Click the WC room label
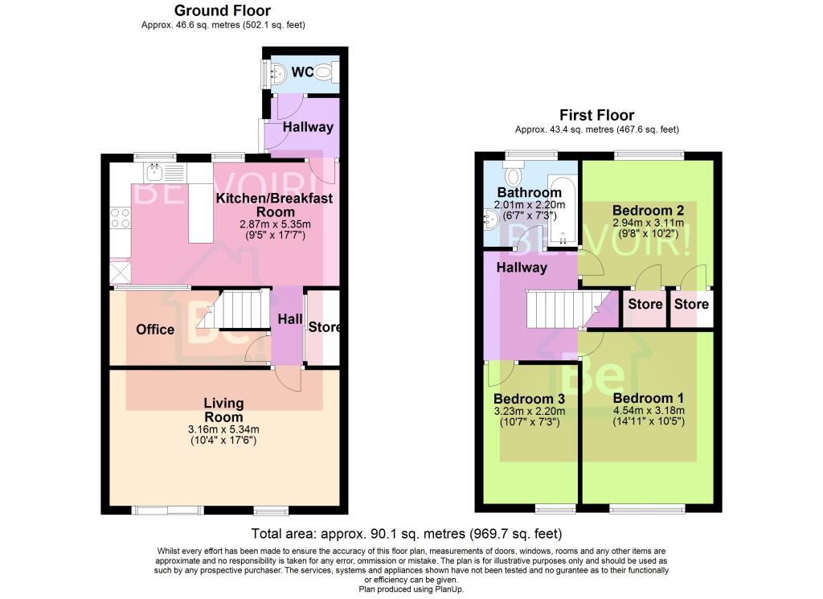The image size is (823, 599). pyautogui.click(x=302, y=72)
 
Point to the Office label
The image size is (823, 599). pyautogui.click(x=155, y=330)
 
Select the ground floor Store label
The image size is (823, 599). pyautogui.click(x=325, y=327)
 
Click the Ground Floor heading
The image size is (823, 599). pyautogui.click(x=223, y=10)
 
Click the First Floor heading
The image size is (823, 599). pyautogui.click(x=597, y=115)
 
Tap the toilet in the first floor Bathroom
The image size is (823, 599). pyautogui.click(x=513, y=174)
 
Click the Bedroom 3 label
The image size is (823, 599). pyautogui.click(x=529, y=399)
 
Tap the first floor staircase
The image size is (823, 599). pyautogui.click(x=563, y=310)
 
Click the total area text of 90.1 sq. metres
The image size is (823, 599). pyautogui.click(x=406, y=533)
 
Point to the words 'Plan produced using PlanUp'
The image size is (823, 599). pyautogui.click(x=411, y=589)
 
